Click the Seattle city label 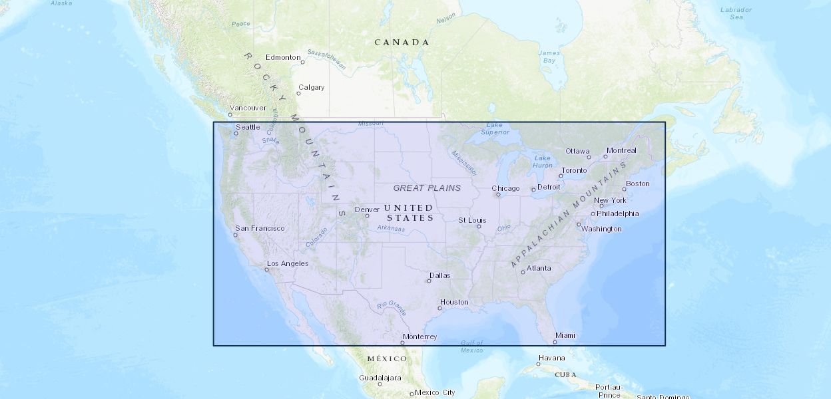(x=248, y=127)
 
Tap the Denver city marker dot (x=367, y=215)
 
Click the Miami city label (x=565, y=335)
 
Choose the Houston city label (x=454, y=302)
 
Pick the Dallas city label (x=439, y=275)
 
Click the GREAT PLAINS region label (x=427, y=188)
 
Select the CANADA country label (x=402, y=43)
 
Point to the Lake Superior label (x=495, y=128)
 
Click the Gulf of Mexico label (x=472, y=346)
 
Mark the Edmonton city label (x=283, y=57)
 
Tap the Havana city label (x=551, y=358)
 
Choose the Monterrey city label (x=420, y=336)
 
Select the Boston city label (x=637, y=184)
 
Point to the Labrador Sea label (x=736, y=13)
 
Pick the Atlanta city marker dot (x=523, y=272)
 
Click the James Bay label (x=549, y=57)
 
